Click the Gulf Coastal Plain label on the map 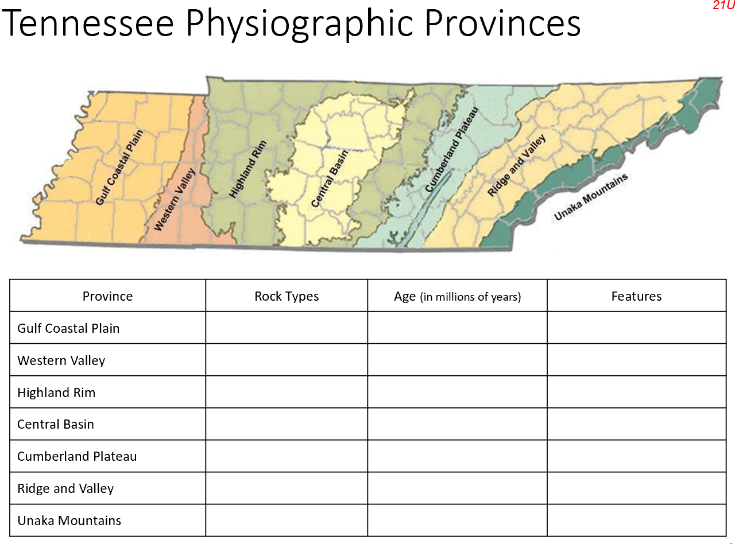point(120,168)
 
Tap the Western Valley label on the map point(175,200)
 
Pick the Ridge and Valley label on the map point(516,166)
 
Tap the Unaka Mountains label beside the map point(590,197)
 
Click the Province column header point(107,296)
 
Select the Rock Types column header point(287,296)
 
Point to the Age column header point(457,296)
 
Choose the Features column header point(636,296)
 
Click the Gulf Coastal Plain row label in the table point(68,328)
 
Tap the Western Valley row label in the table point(61,360)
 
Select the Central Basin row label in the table point(56,425)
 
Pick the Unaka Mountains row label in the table point(69,520)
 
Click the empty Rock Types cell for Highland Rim point(287,393)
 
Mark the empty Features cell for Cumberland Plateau point(636,456)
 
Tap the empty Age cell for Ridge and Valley point(457,488)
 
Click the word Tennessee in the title point(90,24)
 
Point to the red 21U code point(724,6)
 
